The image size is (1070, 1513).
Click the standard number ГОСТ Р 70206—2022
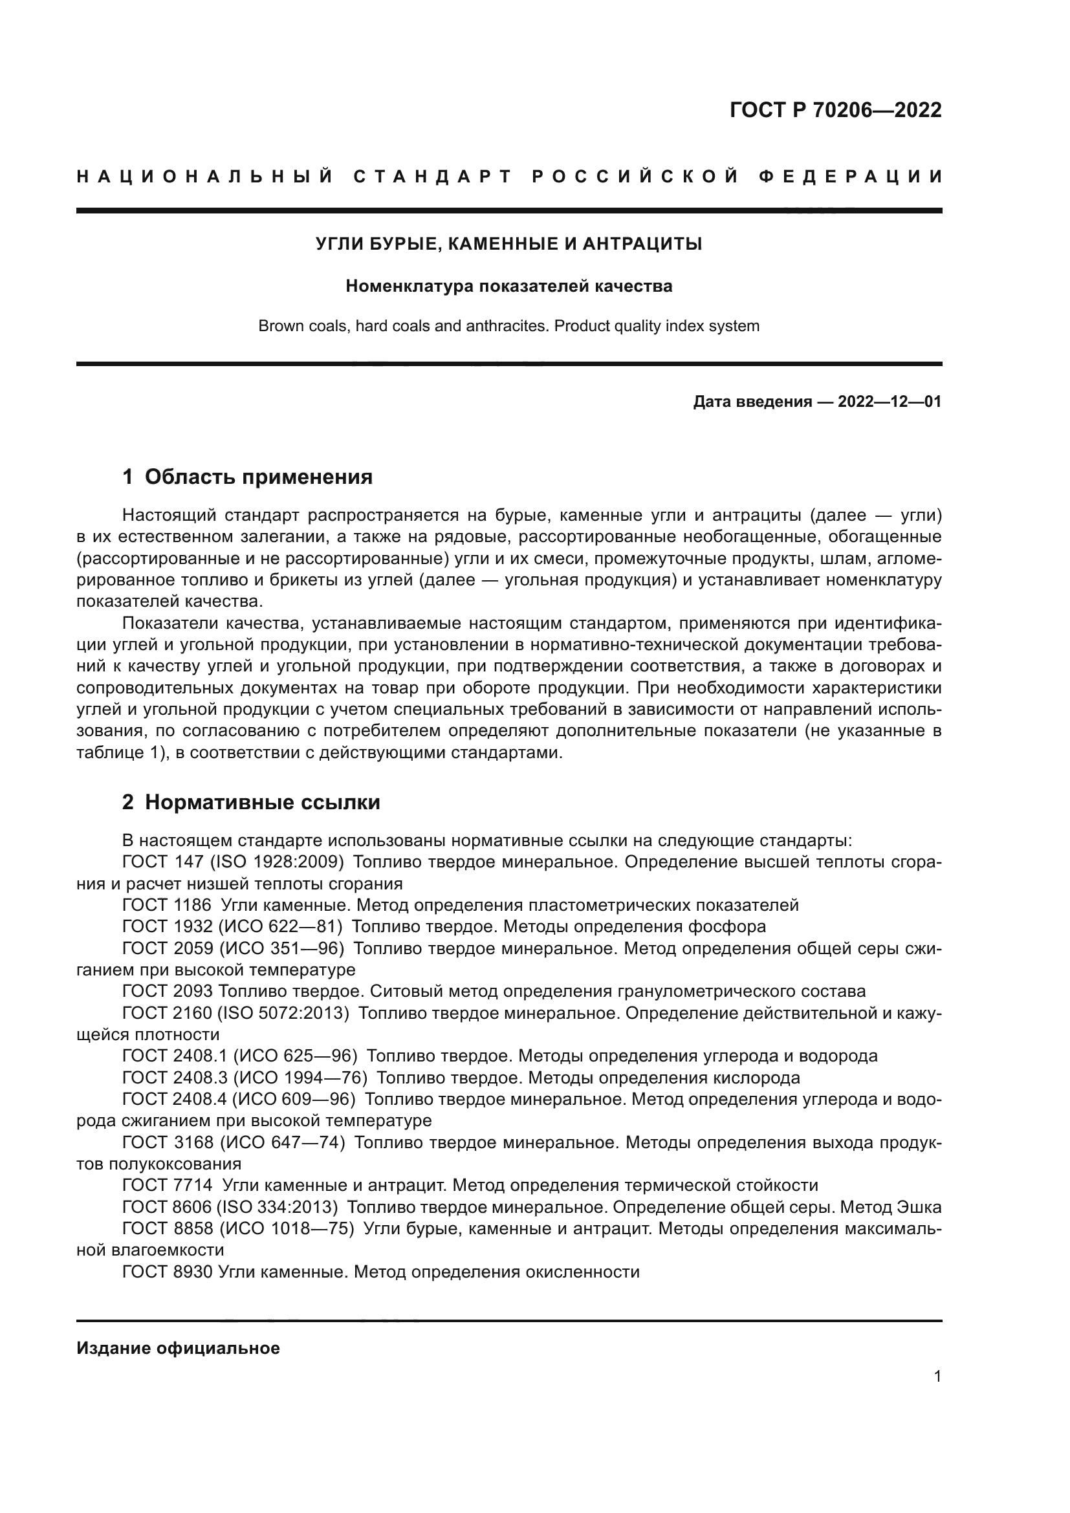[x=835, y=110]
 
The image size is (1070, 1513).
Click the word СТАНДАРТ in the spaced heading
[x=432, y=177]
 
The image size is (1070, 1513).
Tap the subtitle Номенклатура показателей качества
[x=508, y=286]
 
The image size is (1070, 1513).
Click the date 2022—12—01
[x=890, y=401]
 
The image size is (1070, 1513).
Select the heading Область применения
[x=258, y=477]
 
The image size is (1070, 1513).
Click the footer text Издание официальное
[x=178, y=1347]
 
